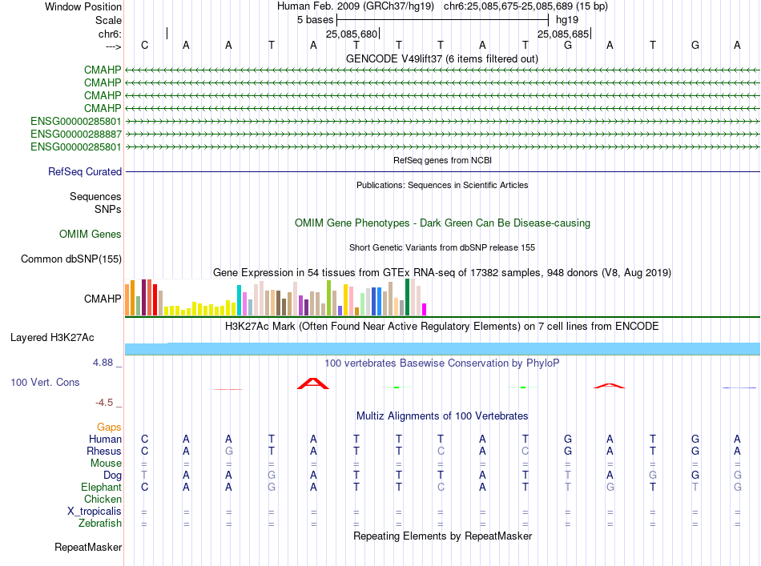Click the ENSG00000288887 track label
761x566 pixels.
(76, 134)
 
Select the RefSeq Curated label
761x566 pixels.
(85, 172)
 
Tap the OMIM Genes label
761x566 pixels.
(91, 235)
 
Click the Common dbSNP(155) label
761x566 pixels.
(71, 259)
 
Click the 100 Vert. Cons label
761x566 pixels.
(45, 383)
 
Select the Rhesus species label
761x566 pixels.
(104, 452)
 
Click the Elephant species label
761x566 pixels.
(102, 488)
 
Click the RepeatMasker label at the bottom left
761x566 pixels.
(88, 548)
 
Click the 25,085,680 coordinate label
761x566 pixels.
(351, 34)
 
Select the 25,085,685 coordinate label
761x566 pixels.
(563, 34)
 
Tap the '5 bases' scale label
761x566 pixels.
(314, 19)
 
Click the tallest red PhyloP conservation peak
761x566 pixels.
(313, 383)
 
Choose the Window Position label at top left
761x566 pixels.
(83, 6)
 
